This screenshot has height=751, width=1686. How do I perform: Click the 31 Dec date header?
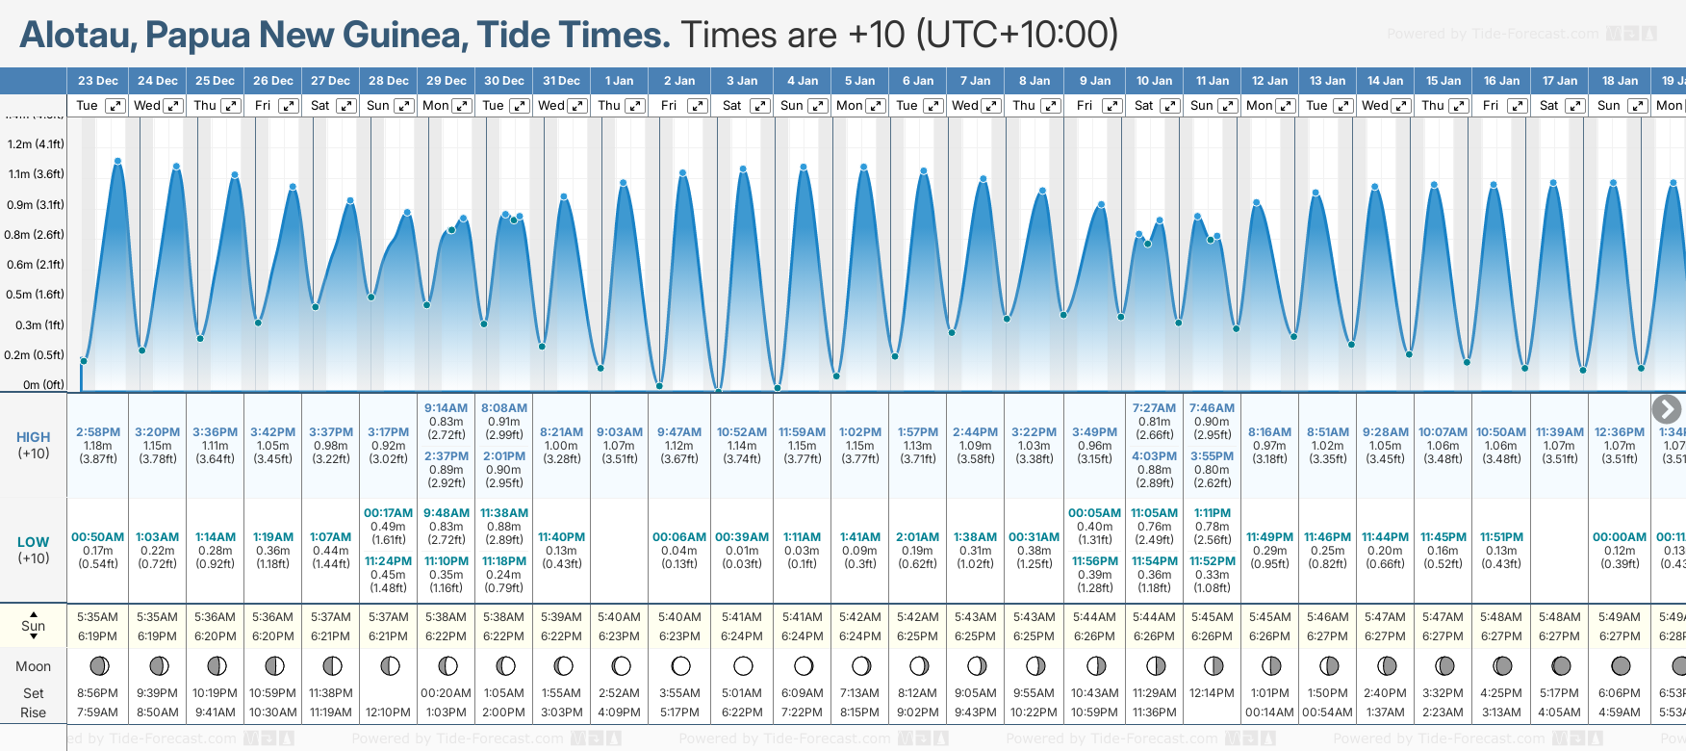[x=561, y=81]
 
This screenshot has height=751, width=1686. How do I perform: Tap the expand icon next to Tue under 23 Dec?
[x=115, y=106]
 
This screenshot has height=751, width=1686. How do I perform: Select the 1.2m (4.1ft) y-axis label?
[x=36, y=144]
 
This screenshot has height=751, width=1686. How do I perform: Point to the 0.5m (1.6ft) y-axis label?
[x=36, y=295]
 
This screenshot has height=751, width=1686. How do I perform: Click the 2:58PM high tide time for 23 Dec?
[x=98, y=432]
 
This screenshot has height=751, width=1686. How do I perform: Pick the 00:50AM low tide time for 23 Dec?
[x=98, y=537]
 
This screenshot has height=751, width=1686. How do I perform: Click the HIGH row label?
[x=34, y=437]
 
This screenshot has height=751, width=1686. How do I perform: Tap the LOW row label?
[x=34, y=542]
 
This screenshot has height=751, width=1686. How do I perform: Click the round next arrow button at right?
[x=1666, y=409]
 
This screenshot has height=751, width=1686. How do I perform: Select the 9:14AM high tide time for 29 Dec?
[x=447, y=408]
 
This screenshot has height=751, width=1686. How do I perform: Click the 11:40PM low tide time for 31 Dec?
[x=561, y=537]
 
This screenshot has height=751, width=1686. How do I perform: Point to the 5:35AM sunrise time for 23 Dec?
[x=98, y=617]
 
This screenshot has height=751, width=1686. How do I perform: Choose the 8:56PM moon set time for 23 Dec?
[x=98, y=693]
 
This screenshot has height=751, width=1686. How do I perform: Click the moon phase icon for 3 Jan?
[x=742, y=665]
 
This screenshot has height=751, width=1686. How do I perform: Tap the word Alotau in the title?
[x=78, y=36]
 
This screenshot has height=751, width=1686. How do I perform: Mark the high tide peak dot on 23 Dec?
[x=117, y=162]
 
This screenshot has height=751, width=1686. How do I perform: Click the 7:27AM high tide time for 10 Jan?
[x=1154, y=408]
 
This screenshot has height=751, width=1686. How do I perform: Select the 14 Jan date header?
[x=1386, y=81]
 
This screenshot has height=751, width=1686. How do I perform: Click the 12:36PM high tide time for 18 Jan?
[x=1620, y=432]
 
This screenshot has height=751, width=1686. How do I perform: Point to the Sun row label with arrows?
[x=34, y=625]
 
